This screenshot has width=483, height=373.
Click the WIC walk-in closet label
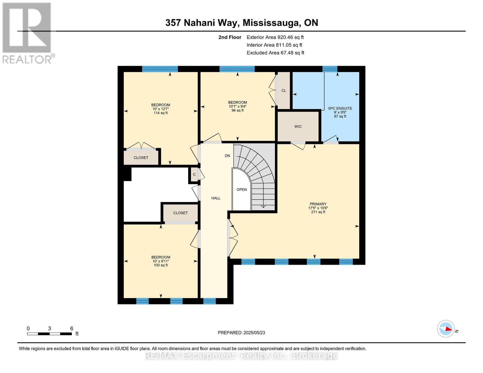click(x=298, y=127)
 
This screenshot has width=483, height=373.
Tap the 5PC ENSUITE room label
click(x=340, y=108)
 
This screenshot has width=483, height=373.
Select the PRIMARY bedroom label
click(x=318, y=204)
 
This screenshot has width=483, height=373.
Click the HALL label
click(x=216, y=198)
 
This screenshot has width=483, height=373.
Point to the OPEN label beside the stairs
click(x=242, y=190)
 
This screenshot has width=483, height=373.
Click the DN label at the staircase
click(x=227, y=156)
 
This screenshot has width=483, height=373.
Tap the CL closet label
click(x=284, y=91)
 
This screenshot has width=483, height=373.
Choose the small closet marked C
click(x=194, y=174)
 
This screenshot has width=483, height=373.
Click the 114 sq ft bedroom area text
click(x=160, y=113)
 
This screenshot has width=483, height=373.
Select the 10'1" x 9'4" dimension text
click(x=238, y=106)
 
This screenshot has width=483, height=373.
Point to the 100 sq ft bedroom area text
click(x=160, y=265)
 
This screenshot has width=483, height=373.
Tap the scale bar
click(x=49, y=334)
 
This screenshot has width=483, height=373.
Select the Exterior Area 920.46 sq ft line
click(x=275, y=37)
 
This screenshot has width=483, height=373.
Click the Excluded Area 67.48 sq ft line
click(x=275, y=53)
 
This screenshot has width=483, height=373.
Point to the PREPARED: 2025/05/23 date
click(x=241, y=333)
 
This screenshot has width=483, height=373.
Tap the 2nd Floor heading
click(x=230, y=37)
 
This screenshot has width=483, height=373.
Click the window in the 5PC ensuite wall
click(x=330, y=69)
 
